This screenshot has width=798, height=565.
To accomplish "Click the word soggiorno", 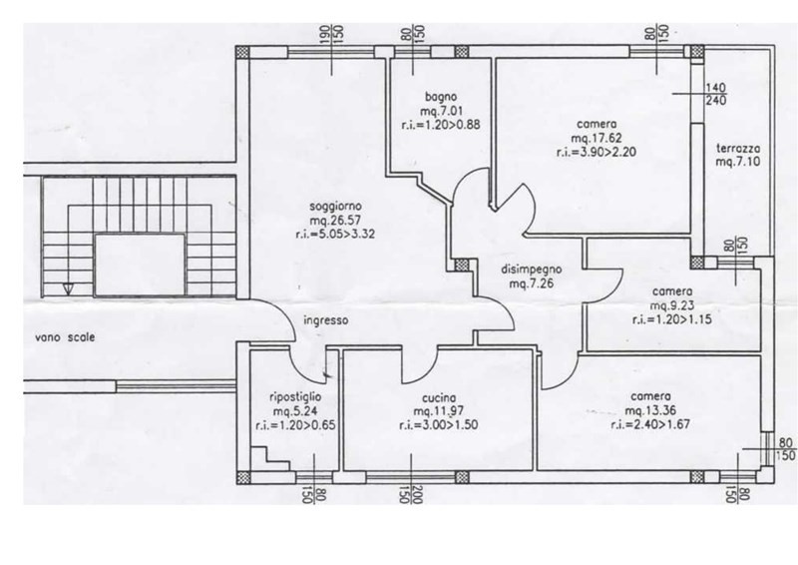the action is tap(335, 207).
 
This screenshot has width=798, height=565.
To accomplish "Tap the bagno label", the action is tap(441, 96).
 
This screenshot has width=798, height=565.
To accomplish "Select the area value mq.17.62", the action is tap(597, 138).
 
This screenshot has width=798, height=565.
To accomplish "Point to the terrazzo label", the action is tap(738, 149).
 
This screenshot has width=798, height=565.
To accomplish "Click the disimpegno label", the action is tap(532, 270).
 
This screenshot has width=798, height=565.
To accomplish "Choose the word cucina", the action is tap(439, 398).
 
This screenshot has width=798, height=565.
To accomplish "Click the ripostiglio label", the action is tap(295, 397).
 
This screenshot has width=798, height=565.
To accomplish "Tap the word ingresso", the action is tap(326, 320).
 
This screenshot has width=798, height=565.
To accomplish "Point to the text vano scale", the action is tap(65, 337).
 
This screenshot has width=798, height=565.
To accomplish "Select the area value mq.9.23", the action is tap(672, 305).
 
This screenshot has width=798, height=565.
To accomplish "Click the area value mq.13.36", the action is tap(650, 410).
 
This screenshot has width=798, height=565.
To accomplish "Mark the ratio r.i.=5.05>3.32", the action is tap(335, 235).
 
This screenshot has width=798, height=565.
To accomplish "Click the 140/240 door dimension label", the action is tap(715, 94).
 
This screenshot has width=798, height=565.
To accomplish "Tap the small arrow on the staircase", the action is tap(67, 288).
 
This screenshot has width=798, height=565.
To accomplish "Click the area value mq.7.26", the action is tap(532, 283).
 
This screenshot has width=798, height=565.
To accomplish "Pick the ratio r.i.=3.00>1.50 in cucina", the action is tap(439, 425).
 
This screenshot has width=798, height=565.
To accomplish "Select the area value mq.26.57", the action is tap(335, 221).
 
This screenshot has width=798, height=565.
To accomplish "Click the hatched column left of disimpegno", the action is tap(462, 265).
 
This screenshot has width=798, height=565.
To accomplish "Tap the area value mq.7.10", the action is tap(738, 162).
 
